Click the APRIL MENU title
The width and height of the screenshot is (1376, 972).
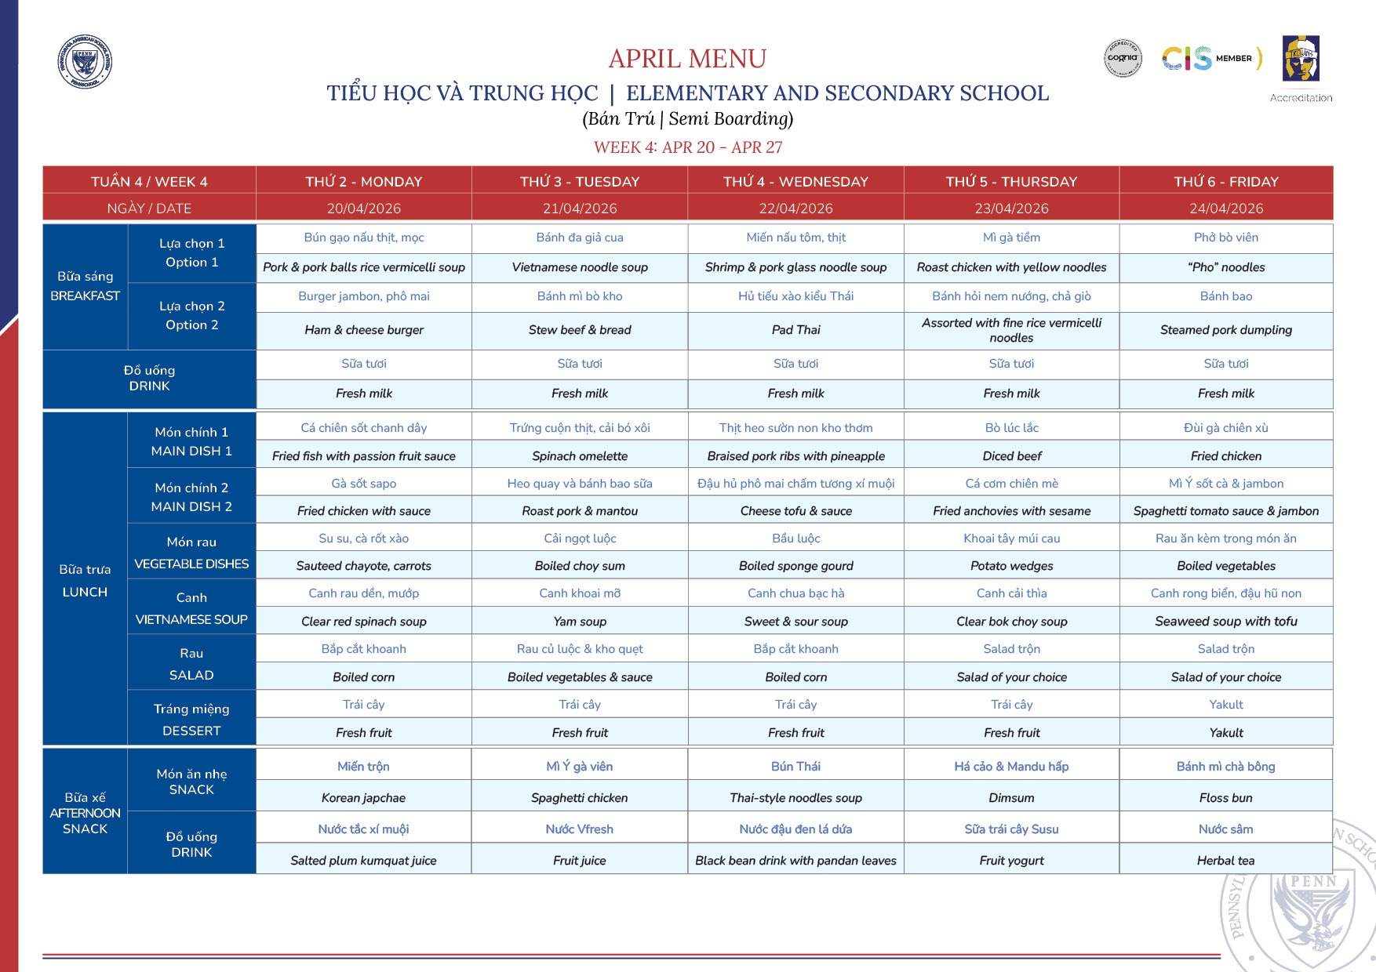pos(687,59)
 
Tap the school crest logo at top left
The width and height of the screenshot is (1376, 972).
pos(85,61)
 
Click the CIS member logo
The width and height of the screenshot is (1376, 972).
pos(1211,58)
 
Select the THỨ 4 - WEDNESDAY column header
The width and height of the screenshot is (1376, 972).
pos(795,182)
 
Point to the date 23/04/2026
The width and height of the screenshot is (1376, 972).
pos(1011,209)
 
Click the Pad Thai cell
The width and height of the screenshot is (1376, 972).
pos(795,330)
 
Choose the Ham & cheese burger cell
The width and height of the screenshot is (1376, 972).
pos(364,330)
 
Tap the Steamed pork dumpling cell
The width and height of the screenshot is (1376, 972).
pos(1225,330)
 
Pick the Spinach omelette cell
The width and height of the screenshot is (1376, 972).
pos(580,456)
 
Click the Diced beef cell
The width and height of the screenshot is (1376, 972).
pos(1011,456)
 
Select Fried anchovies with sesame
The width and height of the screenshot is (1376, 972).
pos(1011,511)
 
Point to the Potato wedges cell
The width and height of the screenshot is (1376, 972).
pos(1011,566)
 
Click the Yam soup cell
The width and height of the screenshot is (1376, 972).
pos(580,622)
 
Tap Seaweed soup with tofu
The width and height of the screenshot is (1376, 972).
pos(1225,622)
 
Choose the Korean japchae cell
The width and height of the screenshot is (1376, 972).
pos(363,798)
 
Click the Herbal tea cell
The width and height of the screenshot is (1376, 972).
pos(1225,861)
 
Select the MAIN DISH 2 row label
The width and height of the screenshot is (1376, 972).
pos(191,506)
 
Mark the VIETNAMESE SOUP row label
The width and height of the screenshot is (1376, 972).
pos(191,619)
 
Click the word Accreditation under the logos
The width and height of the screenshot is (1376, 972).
pos(1301,98)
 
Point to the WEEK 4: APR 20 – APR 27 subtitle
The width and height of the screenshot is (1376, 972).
pos(687,147)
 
